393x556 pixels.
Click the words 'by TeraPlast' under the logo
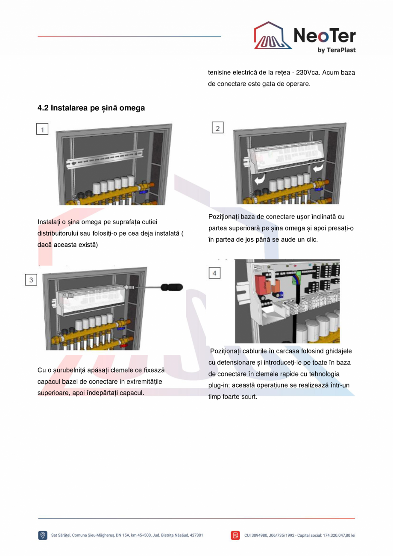pos(337,50)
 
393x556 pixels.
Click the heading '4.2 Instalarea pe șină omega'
pos(91,108)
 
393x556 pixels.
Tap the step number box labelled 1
pos(42,129)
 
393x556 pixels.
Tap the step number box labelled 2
pos(218,128)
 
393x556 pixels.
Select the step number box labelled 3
pos(31,280)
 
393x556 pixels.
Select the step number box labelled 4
pos(214,273)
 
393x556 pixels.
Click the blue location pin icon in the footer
pos(43,535)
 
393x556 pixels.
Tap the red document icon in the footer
pos(235,535)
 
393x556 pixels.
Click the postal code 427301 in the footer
pos(196,535)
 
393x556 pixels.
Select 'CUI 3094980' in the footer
pos(257,535)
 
